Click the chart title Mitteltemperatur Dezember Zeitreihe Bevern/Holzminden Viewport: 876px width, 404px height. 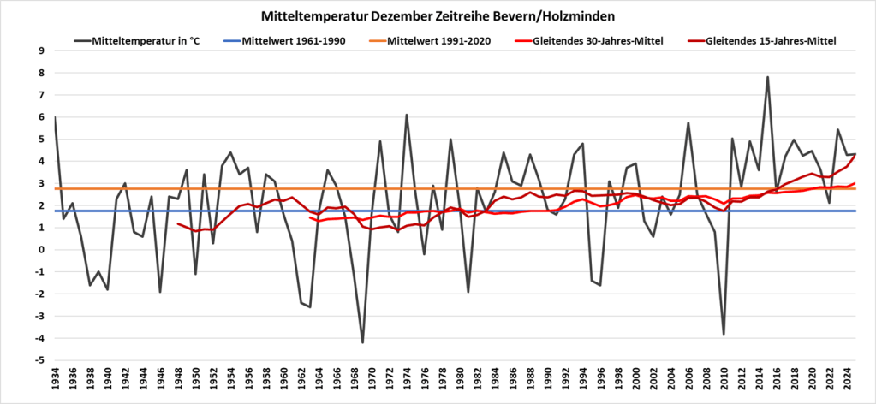click(437, 16)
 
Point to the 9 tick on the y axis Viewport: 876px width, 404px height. click(40, 50)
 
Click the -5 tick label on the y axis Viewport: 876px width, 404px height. click(39, 360)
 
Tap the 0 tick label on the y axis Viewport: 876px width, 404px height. click(40, 250)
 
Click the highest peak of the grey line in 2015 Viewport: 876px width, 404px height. click(767, 77)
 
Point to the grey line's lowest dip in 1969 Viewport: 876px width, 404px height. click(363, 342)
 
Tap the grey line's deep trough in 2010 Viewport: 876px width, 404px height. click(724, 334)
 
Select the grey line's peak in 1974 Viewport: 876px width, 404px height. click(407, 115)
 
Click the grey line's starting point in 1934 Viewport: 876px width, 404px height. click(55, 117)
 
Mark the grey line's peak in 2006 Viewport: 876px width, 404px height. click(688, 122)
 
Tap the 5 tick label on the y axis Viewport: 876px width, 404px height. click(40, 139)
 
